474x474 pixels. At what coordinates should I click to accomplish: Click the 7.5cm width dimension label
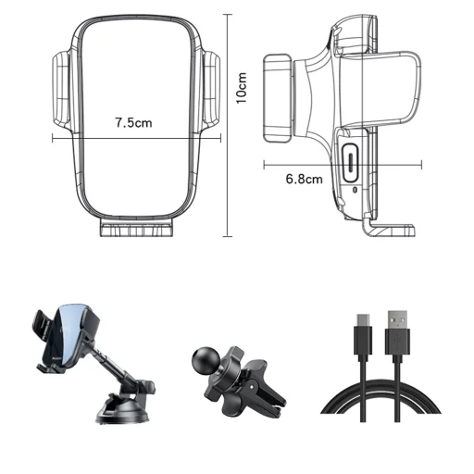[x=134, y=123]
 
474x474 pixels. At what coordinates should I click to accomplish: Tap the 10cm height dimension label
[x=242, y=88]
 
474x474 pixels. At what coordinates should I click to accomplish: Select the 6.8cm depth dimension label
[x=305, y=179]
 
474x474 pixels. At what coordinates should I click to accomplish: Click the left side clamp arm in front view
[x=62, y=90]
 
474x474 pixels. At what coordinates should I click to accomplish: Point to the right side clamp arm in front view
[x=211, y=90]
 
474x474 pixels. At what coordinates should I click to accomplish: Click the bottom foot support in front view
[x=136, y=228]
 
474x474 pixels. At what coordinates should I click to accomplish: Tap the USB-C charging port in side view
[x=350, y=163]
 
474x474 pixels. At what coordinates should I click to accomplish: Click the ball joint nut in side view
[x=277, y=98]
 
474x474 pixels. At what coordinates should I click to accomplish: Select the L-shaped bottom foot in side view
[x=388, y=228]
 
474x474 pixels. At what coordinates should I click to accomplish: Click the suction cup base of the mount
[x=123, y=410]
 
